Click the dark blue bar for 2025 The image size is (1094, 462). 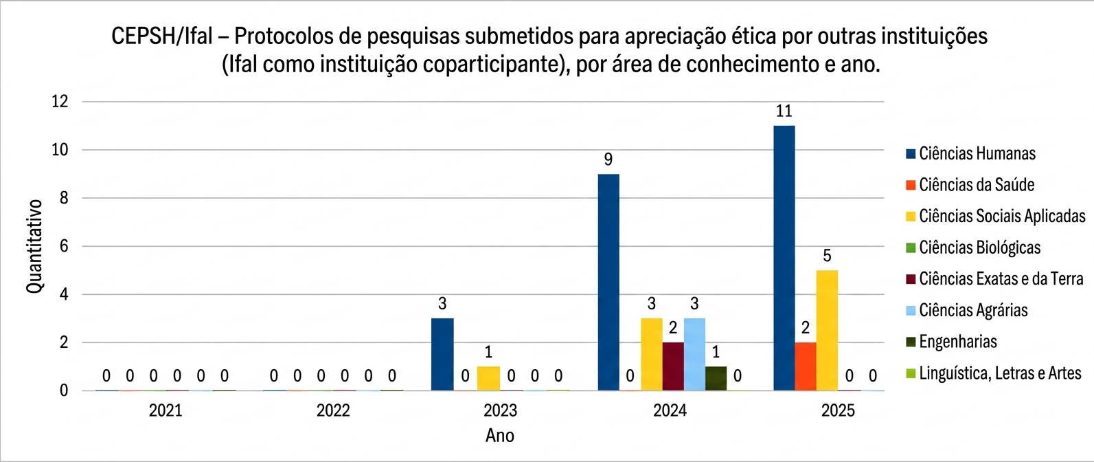[x=784, y=258]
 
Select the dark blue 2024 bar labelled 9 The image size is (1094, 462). [x=608, y=282]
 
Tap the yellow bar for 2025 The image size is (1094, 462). [x=827, y=330]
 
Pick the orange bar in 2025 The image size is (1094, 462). [x=806, y=366]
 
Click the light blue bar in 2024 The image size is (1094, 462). [x=694, y=354]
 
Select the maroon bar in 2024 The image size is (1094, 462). [x=673, y=366]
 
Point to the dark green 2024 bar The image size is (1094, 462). [x=716, y=378]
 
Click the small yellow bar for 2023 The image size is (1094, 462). [x=488, y=378]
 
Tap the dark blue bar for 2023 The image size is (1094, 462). [x=442, y=354]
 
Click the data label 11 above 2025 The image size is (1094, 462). [x=784, y=111]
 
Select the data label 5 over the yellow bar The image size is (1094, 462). [x=827, y=256]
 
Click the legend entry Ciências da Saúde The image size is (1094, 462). [x=976, y=185]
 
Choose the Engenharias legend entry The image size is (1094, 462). [x=957, y=342]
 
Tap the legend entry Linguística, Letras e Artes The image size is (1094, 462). [x=999, y=373]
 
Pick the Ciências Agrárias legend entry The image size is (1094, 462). [x=972, y=310]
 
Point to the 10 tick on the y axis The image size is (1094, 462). [x=60, y=150]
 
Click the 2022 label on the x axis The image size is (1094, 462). [x=333, y=411]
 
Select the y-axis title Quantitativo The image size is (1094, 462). [x=35, y=246]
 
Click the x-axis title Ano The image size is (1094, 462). [x=500, y=436]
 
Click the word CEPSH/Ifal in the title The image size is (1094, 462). [x=162, y=36]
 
